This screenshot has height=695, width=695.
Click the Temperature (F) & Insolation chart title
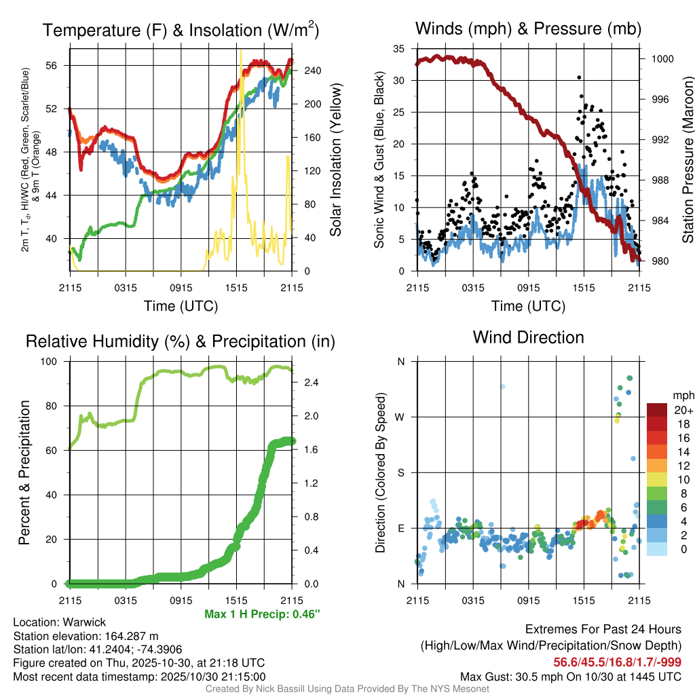click(x=181, y=30)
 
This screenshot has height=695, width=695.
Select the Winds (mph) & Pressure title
click(x=528, y=29)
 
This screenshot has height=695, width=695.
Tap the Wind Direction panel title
click(x=528, y=337)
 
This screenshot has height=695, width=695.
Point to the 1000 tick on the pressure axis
click(x=662, y=59)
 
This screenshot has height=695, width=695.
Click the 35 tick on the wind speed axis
click(x=399, y=49)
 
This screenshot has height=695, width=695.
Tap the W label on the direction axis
click(x=400, y=417)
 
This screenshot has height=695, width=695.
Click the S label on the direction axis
click(x=400, y=472)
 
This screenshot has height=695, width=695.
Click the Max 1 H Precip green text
click(x=262, y=614)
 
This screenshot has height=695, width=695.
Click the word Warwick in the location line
click(x=85, y=622)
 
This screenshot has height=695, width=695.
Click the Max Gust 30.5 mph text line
click(x=570, y=676)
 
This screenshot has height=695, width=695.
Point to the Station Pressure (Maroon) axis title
click(x=688, y=160)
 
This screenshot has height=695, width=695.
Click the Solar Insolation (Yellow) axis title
click(x=335, y=160)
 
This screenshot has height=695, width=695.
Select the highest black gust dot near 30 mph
click(x=579, y=77)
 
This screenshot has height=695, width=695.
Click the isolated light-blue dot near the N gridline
click(x=503, y=387)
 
